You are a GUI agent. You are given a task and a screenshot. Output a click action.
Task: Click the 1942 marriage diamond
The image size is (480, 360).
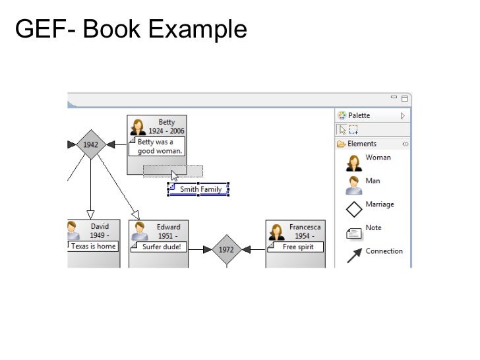pos(90,144)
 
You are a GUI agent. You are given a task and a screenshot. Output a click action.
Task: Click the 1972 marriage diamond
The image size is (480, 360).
pos(226,249)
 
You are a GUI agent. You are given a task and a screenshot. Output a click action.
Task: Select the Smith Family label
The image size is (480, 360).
pos(200,189)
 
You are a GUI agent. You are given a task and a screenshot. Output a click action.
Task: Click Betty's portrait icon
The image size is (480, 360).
pos(138,127)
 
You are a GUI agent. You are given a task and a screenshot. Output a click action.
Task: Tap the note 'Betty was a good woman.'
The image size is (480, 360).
pos(158,146)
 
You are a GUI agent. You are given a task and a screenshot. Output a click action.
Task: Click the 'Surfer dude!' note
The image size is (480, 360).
pos(160,247)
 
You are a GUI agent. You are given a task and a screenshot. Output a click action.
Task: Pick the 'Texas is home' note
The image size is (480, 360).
pos(93,246)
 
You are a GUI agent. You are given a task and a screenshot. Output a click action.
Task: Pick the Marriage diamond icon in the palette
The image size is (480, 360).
pos(355,209)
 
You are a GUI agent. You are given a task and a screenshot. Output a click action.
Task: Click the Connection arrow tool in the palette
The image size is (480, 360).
pos(355,255)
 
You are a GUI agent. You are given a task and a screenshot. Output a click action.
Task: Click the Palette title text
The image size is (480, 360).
pos(359,115)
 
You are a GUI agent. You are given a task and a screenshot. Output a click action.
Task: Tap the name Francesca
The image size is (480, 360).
pos(304,227)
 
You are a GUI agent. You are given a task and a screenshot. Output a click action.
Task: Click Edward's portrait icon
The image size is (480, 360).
pos(139,231)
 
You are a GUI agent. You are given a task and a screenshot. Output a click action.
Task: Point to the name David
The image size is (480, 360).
pos(100,227)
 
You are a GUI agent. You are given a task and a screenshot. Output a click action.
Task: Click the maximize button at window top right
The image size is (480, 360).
pos(405,99)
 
